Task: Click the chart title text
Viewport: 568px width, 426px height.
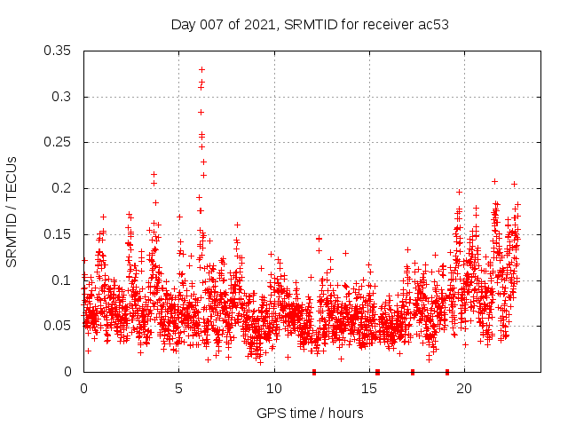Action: (x=310, y=24)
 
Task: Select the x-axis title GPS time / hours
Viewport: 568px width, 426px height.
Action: (x=310, y=413)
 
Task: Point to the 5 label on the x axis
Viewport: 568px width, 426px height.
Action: (x=179, y=389)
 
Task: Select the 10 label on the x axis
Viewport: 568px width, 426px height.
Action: (x=274, y=389)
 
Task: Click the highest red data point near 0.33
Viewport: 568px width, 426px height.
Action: (x=202, y=69)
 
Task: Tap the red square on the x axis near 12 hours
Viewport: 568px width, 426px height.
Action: (x=314, y=372)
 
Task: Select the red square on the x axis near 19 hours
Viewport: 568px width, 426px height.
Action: (x=446, y=372)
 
